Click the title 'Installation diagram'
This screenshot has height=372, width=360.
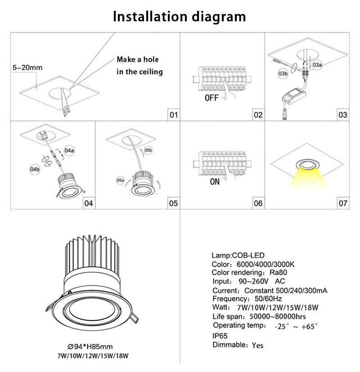pos(180,17)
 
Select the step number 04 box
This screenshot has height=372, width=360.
pos(89,204)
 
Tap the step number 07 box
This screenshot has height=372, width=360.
pos(343,204)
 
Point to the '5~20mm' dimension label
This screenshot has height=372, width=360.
pos(27,68)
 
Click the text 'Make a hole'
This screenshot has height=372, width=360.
pos(138,59)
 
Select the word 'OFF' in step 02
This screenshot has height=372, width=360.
pos(211,97)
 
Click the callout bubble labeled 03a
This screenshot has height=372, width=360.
pos(317,65)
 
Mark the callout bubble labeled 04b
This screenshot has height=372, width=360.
pos(35,169)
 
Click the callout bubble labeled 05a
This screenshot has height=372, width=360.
pos(120,180)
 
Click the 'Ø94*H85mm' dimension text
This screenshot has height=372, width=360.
pos(90,346)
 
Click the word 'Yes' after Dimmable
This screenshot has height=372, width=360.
pos(257,345)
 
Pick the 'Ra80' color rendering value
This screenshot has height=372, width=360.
pos(279,272)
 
